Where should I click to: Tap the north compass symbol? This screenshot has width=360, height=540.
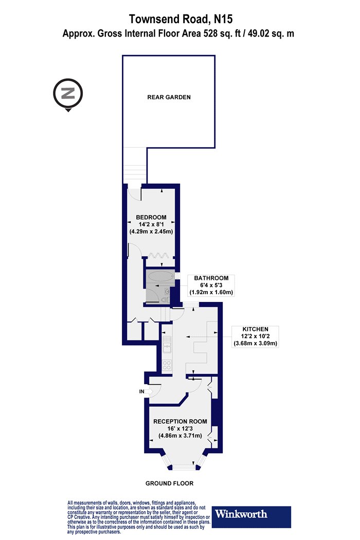[68, 94]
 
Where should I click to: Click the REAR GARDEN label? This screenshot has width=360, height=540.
[169, 97]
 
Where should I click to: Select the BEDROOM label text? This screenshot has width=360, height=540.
[151, 218]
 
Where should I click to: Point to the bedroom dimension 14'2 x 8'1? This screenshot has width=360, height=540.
[151, 225]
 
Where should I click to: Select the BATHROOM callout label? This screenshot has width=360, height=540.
[211, 278]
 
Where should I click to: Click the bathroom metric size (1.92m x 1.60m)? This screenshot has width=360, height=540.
[211, 293]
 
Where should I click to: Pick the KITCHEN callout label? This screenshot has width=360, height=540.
[255, 329]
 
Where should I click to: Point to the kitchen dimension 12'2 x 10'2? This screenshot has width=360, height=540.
[255, 336]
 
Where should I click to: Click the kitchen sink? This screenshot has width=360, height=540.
[168, 345]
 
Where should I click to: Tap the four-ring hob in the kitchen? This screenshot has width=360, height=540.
[167, 365]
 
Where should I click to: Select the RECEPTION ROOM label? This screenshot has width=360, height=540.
[180, 422]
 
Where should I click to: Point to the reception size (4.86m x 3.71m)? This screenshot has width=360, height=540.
[180, 436]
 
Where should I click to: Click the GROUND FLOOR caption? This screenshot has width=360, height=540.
[170, 483]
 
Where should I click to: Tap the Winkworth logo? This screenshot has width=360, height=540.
[251, 516]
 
